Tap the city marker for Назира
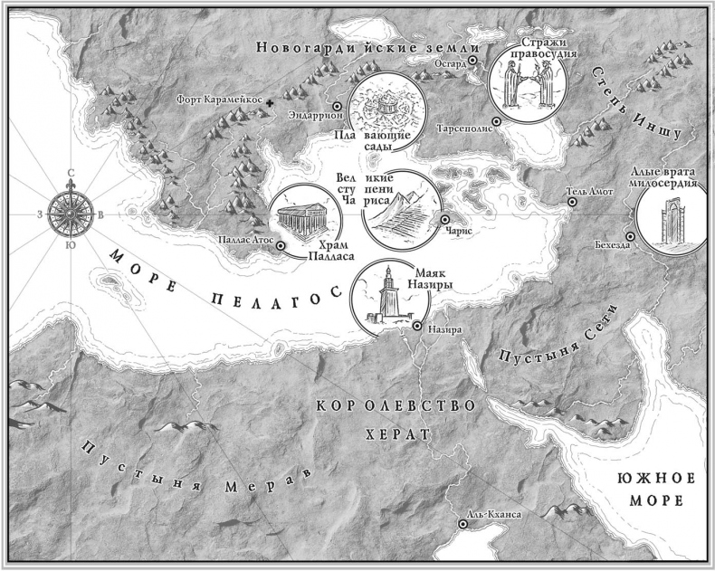coord(416,327)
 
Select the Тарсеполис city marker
coord(497,120)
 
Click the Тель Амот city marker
coord(572,203)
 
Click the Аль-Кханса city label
coord(494,514)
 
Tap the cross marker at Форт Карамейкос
coord(271,106)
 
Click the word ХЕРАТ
coord(395,435)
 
